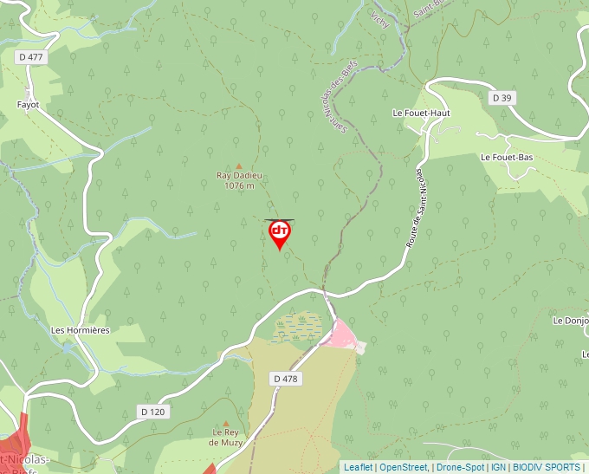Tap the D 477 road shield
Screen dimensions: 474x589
click(29, 56)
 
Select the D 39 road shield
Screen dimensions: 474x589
click(502, 98)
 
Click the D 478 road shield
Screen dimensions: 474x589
click(285, 379)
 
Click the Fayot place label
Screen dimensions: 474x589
click(28, 104)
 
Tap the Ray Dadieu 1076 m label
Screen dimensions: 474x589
click(239, 180)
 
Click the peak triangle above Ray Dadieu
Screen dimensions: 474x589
click(239, 165)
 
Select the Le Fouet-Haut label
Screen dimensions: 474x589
click(422, 113)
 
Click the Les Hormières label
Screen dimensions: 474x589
click(81, 330)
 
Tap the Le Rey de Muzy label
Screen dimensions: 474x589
click(226, 437)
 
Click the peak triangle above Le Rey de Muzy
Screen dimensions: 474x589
click(226, 422)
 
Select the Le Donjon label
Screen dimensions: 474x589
click(571, 321)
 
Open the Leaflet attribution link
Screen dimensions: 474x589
click(358, 467)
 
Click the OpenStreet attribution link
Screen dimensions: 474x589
click(404, 467)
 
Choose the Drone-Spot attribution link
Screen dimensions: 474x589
click(460, 467)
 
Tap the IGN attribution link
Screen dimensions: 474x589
click(499, 467)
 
